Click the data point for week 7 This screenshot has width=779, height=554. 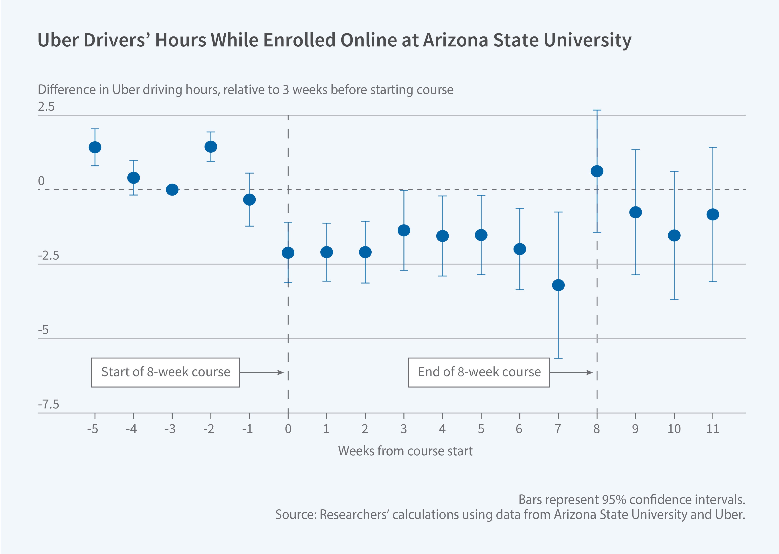pos(558,285)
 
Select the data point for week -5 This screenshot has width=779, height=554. pos(95,147)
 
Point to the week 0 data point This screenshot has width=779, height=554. pos(288,253)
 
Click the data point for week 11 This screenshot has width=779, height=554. pos(712,215)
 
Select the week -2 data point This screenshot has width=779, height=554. pos(211,147)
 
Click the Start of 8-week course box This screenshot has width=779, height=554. pos(165,372)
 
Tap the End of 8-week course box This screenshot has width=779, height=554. pos(478,372)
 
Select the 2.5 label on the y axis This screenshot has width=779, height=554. pos(46,107)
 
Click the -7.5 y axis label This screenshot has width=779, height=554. pos(49,405)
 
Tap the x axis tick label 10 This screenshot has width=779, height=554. pos(674,429)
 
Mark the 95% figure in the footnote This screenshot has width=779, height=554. pos(614,500)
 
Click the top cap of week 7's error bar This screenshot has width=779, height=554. pos(558,212)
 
